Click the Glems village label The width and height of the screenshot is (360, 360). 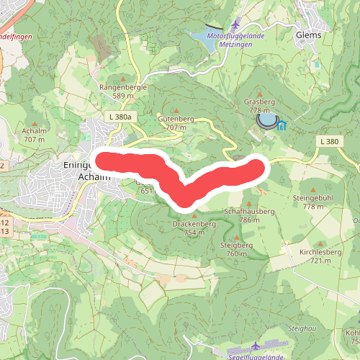pyautogui.click(x=307, y=33)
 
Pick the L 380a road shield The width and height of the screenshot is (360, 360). pyautogui.click(x=119, y=116)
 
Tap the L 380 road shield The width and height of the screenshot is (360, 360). pyautogui.click(x=329, y=142)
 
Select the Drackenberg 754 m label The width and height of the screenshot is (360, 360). pyautogui.click(x=194, y=228)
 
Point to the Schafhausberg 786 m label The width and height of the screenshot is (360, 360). pyautogui.click(x=249, y=215)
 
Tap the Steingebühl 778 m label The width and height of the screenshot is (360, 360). pyautogui.click(x=314, y=202)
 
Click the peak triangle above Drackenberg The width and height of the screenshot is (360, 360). pyautogui.click(x=194, y=215)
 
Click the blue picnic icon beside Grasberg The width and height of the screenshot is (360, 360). pyautogui.click(x=281, y=125)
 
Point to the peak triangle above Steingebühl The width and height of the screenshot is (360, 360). pyautogui.click(x=314, y=188)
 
